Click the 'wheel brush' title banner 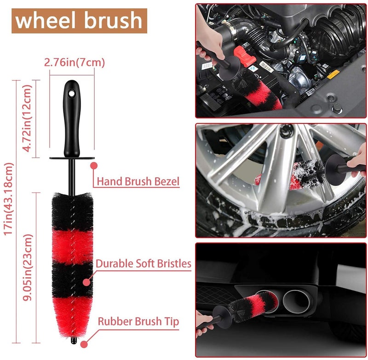(x=79, y=21)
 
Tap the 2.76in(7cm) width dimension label (x=75, y=63)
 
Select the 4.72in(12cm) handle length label (x=27, y=118)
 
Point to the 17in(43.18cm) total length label (x=8, y=199)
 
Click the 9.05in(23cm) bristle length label (x=28, y=267)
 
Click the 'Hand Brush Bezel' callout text (x=138, y=181)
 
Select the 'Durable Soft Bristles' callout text (x=144, y=263)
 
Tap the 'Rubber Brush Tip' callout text (x=138, y=321)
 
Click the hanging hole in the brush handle (x=71, y=93)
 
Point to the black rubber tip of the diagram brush (x=74, y=340)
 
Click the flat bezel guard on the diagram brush (x=72, y=158)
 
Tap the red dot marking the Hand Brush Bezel (x=94, y=166)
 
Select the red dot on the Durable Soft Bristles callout (x=86, y=282)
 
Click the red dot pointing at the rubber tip (x=84, y=344)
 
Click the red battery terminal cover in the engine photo (x=245, y=56)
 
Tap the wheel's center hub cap (x=287, y=131)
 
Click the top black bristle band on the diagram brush (x=73, y=211)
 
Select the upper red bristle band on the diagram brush (x=73, y=247)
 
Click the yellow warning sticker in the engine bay (x=333, y=74)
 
